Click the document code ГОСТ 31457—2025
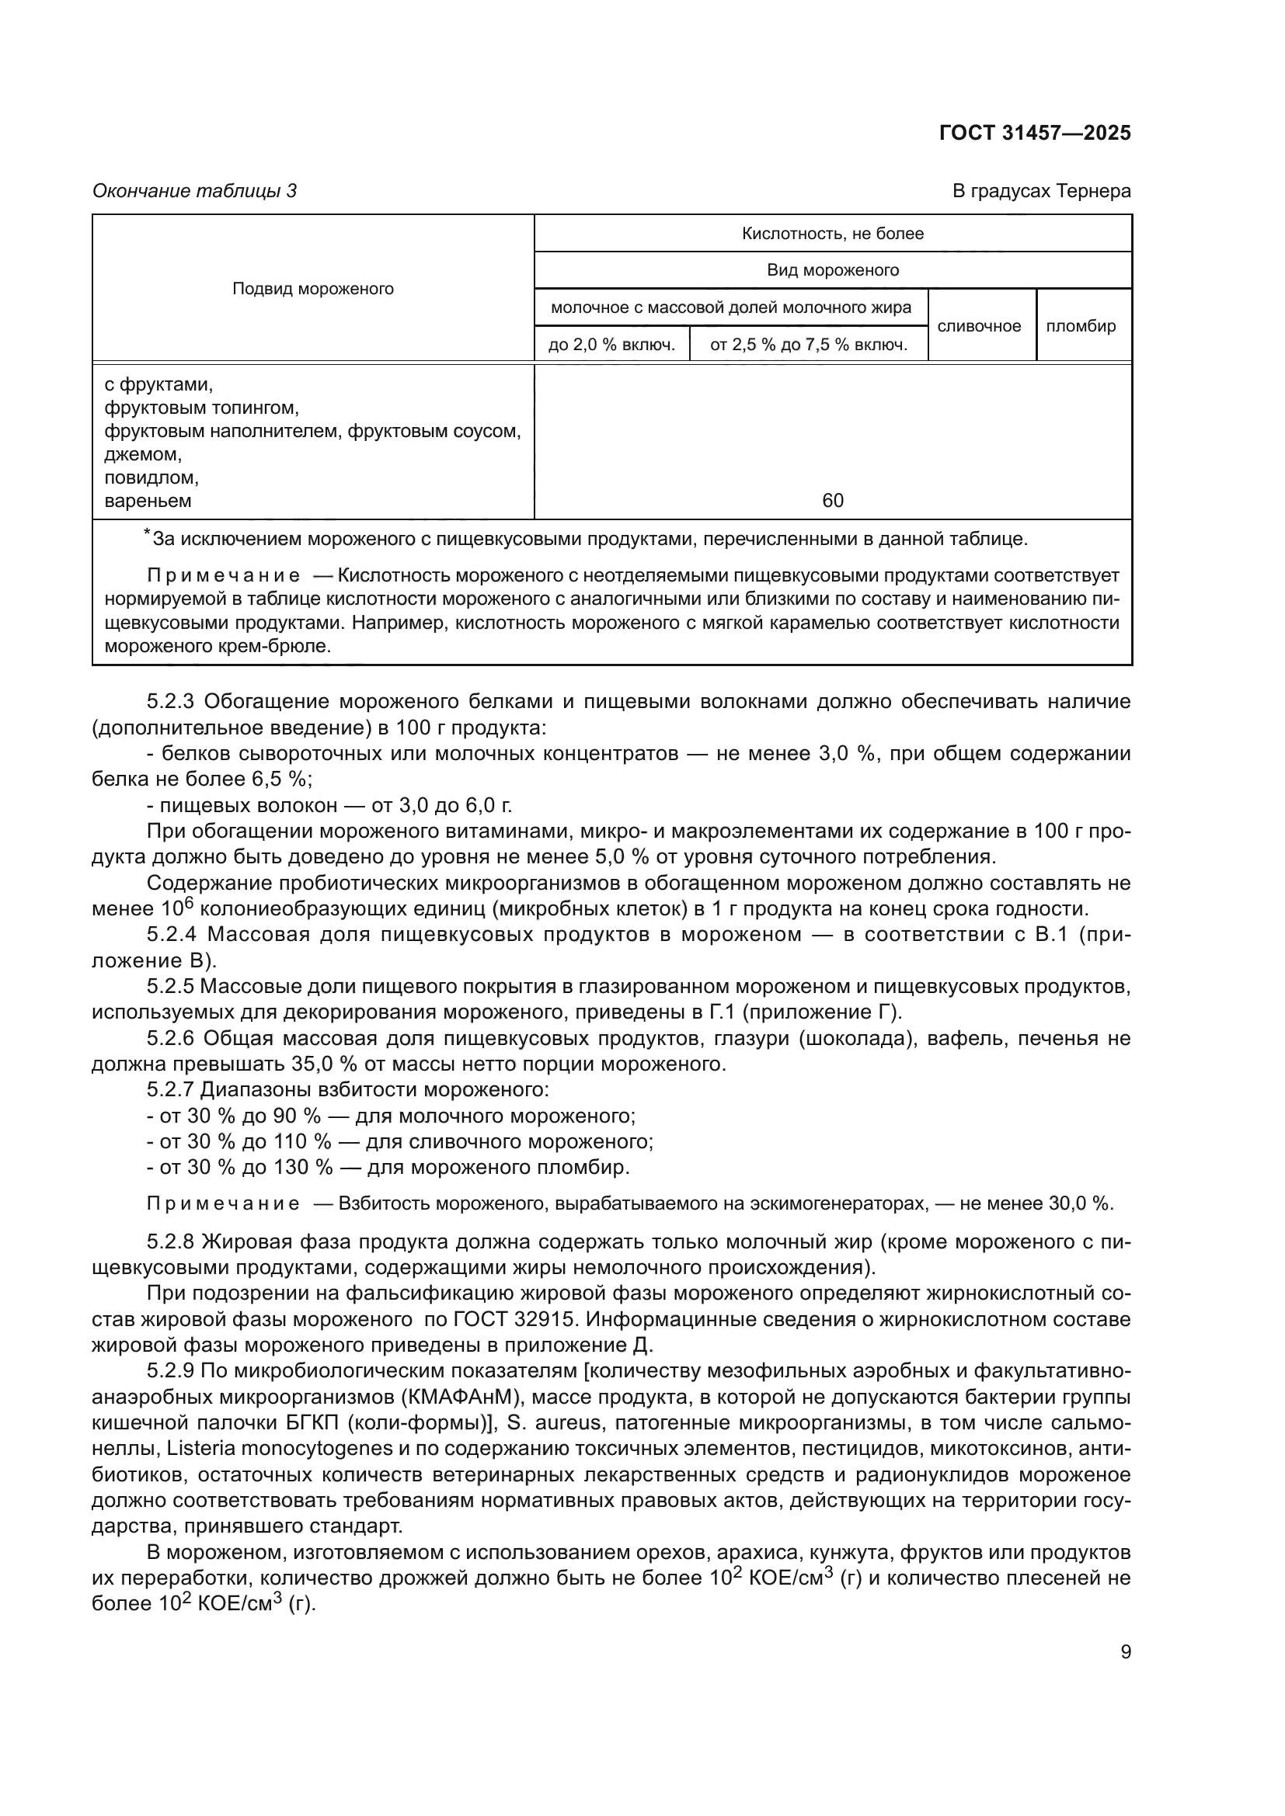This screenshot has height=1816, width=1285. pos(1034,133)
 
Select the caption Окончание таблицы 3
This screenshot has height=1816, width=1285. pos(194,191)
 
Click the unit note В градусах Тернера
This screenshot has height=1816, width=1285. pos(1041,191)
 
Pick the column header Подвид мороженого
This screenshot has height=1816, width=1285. pos(312,289)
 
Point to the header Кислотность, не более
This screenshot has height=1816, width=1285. pos(832,234)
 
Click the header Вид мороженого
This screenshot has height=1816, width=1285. pos(832,270)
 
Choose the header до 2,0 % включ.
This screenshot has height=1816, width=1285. pos(611,345)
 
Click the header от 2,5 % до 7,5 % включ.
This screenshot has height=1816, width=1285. pos(808,345)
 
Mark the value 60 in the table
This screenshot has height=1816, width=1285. pos(832,500)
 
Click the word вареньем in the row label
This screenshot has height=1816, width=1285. pos(148,500)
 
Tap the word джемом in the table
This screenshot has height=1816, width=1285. pos(142,454)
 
